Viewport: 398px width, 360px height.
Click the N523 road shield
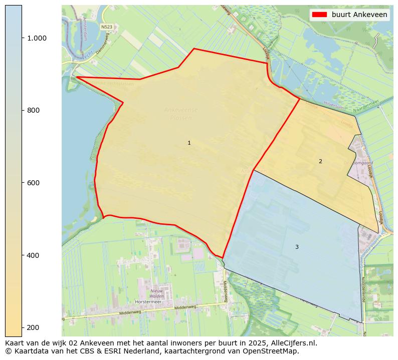pos(106,27)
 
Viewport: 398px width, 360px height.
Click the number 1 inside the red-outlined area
pos(189,143)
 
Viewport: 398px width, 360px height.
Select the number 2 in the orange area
pos(320,161)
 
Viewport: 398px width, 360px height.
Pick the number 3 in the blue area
pos(297,247)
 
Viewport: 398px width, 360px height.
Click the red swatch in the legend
pos(319,15)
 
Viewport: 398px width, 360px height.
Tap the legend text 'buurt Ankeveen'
pos(359,15)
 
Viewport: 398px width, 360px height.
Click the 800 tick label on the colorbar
pos(33,110)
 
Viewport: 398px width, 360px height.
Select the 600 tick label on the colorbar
pos(33,183)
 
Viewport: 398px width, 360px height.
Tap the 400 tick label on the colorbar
pos(33,255)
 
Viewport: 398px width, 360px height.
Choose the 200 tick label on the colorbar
pos(33,327)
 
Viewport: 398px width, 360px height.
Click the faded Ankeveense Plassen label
pos(181,114)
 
